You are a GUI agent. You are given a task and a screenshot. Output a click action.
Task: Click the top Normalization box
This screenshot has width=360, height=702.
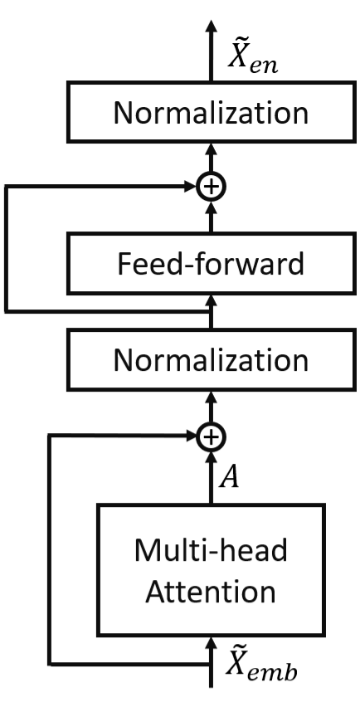pyautogui.click(x=212, y=112)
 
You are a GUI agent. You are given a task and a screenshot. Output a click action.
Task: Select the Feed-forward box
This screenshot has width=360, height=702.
pyautogui.click(x=212, y=265)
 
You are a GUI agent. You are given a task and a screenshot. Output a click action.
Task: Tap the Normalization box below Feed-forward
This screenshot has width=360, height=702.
pyautogui.click(x=212, y=361)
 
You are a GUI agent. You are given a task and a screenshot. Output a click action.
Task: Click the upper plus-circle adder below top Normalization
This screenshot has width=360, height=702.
pyautogui.click(x=212, y=188)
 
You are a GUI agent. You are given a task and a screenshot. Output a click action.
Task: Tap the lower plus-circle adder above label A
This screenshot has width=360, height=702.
pyautogui.click(x=212, y=435)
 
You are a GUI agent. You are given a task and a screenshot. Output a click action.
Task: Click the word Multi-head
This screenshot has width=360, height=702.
pyautogui.click(x=212, y=549)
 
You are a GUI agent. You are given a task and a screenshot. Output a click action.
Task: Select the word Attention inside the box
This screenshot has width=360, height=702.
pyautogui.click(x=212, y=592)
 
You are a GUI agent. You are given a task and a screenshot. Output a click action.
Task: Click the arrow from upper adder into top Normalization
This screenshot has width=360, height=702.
pyautogui.click(x=212, y=155)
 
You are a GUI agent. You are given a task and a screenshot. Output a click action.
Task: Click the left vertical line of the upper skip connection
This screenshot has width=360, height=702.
pyautogui.click(x=7, y=249)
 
